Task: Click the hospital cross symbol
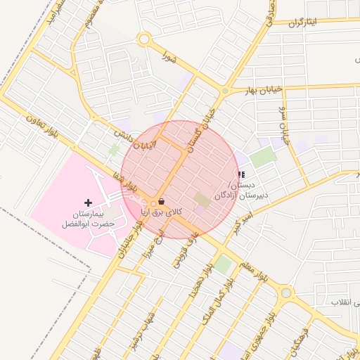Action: pyautogui.click(x=88, y=202)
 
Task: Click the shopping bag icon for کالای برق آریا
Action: pyautogui.click(x=162, y=201)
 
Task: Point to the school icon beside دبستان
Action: pyautogui.click(x=242, y=174)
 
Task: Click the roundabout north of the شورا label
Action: pyautogui.click(x=144, y=40)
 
